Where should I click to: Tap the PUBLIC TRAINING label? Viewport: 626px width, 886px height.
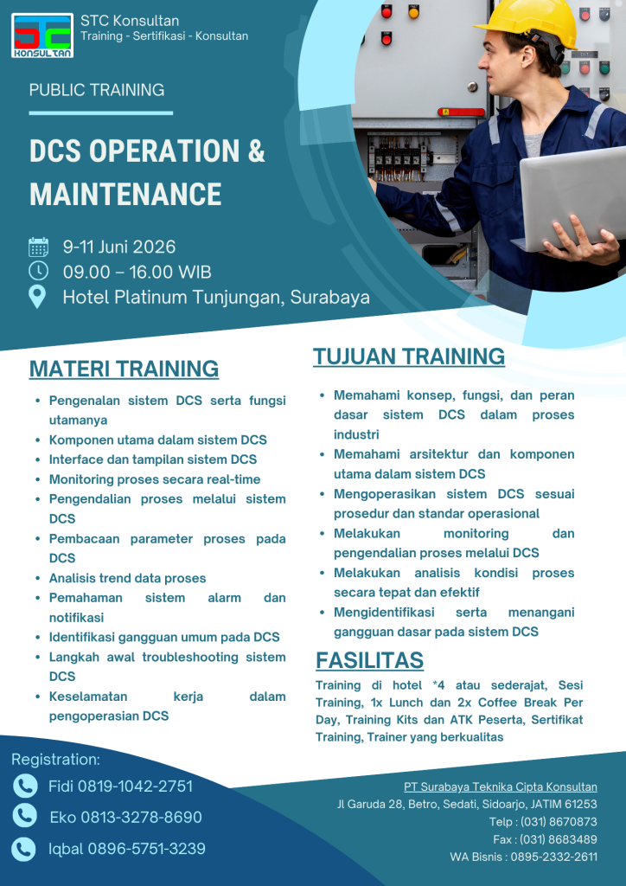97,90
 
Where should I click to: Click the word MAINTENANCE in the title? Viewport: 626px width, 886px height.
125,194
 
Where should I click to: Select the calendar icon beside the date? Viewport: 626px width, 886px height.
38,247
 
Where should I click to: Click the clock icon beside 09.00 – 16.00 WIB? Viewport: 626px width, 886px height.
38,272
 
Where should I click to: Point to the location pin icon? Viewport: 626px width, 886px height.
38,297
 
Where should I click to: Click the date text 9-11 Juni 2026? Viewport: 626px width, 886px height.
119,247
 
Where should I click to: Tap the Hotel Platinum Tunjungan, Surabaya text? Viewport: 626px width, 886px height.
216,298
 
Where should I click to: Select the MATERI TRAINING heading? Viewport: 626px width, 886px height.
124,369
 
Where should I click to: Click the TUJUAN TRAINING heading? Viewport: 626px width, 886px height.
409,356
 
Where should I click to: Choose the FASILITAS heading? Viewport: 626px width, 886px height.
369,661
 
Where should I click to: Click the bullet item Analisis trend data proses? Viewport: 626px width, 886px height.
127,578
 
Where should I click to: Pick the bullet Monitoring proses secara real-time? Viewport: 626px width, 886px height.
154,479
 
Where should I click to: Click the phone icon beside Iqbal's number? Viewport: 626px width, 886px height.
24,849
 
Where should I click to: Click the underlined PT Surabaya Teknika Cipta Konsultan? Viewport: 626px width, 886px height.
500,787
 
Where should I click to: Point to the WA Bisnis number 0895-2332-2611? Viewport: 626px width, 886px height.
555,857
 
